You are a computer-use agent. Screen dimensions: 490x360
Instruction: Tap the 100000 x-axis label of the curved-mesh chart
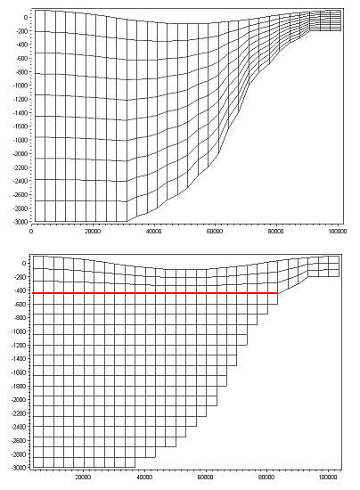[x=337, y=232]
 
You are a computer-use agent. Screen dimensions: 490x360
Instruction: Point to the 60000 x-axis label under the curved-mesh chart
[x=214, y=232]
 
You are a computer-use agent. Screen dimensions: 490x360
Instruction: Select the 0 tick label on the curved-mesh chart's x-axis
[x=31, y=232]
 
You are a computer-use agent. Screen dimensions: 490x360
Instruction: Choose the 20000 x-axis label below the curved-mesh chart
[x=92, y=232]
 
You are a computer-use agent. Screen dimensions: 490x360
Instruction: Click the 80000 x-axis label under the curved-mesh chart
[x=275, y=232]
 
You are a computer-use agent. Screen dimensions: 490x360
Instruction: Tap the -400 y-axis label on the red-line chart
[x=18, y=290]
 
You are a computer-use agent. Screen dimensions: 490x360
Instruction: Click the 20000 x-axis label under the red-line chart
[x=82, y=477]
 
